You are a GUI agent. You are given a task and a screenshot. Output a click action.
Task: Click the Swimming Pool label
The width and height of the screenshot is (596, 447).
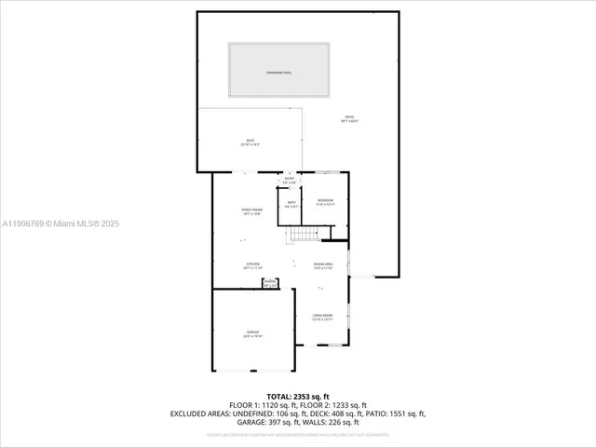click(x=279, y=72)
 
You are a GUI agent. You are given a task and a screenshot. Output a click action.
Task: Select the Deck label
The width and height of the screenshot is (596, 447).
click(x=250, y=142)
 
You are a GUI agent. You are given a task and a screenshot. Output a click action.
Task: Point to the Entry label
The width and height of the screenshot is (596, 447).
click(x=289, y=179)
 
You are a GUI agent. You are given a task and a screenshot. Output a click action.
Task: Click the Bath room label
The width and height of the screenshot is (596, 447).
click(x=291, y=204)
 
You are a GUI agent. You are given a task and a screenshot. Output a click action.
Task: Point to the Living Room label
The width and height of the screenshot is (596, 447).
click(x=323, y=318)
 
